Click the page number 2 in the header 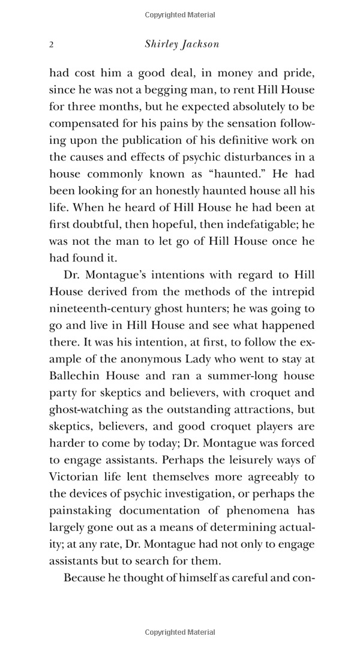52,44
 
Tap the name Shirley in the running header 162,44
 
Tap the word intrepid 293,292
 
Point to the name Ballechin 76,376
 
